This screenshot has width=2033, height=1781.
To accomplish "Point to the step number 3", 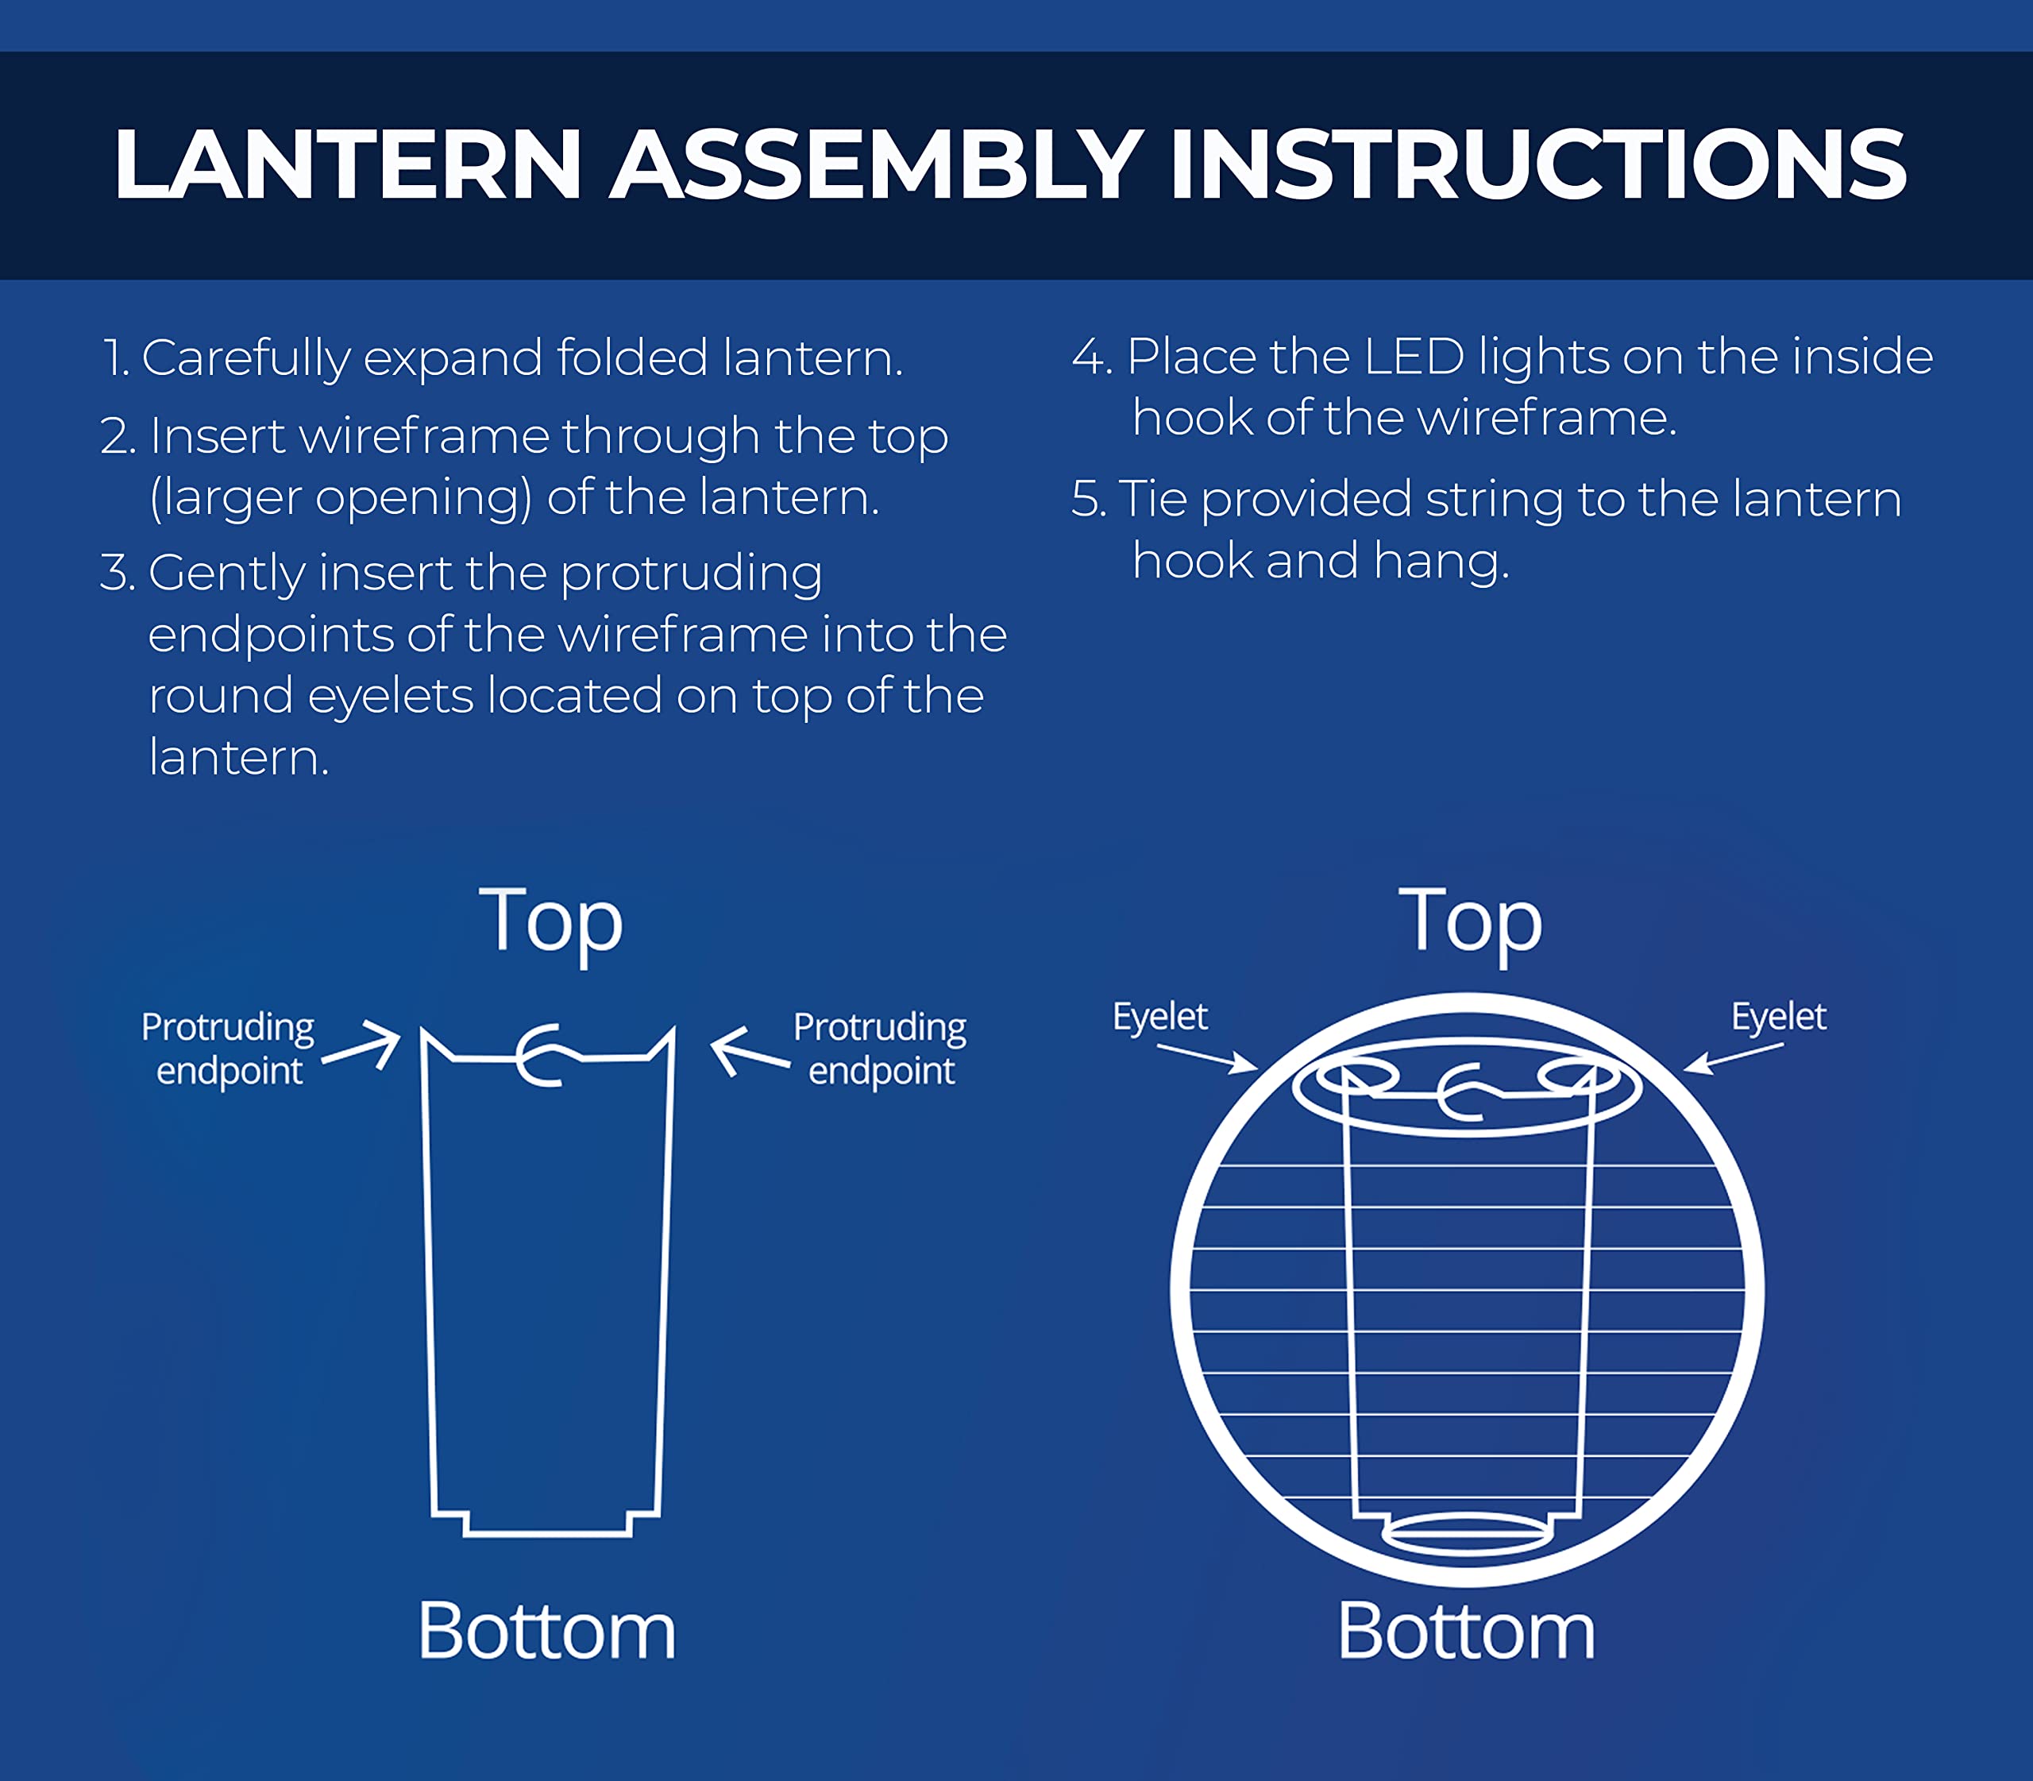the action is click(116, 574).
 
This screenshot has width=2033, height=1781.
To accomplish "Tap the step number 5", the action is click(1088, 499).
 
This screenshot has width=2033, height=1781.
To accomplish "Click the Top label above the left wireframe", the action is click(551, 923).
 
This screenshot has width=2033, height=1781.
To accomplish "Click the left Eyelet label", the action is click(1159, 1016).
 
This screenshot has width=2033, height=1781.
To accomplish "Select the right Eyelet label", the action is click(1779, 1016).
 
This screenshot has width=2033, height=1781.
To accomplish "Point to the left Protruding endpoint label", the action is click(228, 1049).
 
